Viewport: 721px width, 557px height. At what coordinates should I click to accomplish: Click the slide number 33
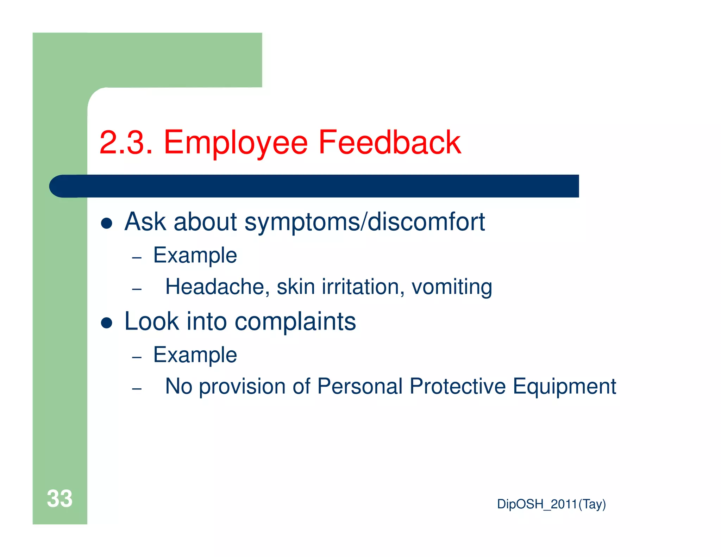(59, 499)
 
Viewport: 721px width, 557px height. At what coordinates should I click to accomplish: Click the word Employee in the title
(236, 143)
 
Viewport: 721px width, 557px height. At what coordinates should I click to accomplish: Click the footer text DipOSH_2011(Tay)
(551, 504)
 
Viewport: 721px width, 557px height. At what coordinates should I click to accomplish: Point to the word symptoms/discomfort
(364, 222)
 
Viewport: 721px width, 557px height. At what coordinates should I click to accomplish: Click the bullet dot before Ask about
(106, 223)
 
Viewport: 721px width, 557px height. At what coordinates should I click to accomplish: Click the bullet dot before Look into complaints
(106, 323)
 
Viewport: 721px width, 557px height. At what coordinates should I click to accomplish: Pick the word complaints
(295, 322)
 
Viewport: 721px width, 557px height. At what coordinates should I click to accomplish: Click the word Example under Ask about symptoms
(195, 255)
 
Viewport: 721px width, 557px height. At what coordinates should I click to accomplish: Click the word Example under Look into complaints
(195, 355)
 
